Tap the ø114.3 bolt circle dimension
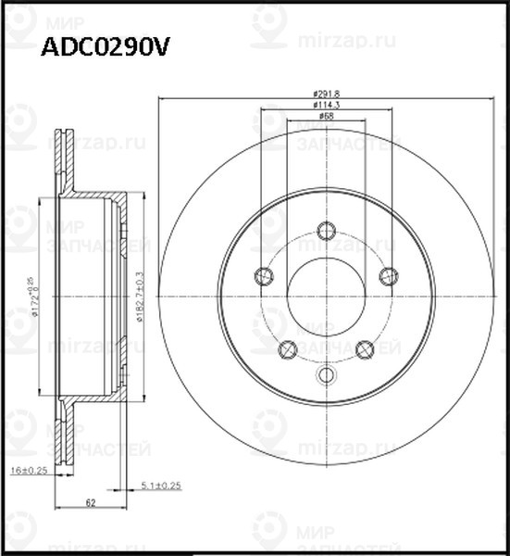coord(325,105)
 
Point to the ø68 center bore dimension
coord(326,116)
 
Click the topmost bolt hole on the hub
coord(326,231)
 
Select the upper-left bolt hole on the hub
coord(263,275)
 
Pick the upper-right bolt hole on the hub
coord(388,275)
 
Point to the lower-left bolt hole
coord(287,349)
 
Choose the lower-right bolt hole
coord(364,349)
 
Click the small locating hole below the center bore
coord(326,374)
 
